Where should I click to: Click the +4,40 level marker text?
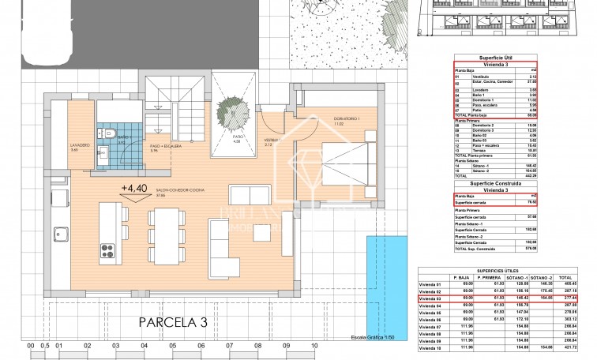point(133,188)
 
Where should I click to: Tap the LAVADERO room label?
point(58,145)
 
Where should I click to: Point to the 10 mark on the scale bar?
point(314,346)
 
